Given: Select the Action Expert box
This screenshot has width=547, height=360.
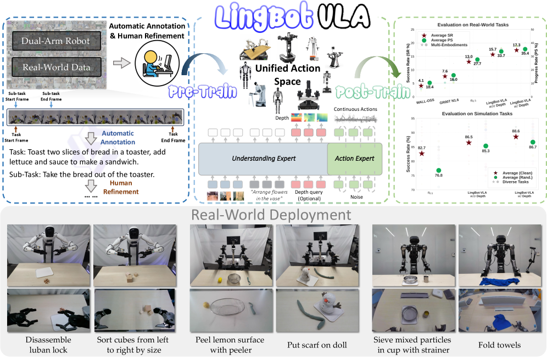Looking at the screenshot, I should click(355, 159).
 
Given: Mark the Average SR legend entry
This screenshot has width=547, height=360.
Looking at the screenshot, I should click(443, 35).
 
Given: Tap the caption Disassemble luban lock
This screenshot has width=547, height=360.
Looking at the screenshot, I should click(47, 345).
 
